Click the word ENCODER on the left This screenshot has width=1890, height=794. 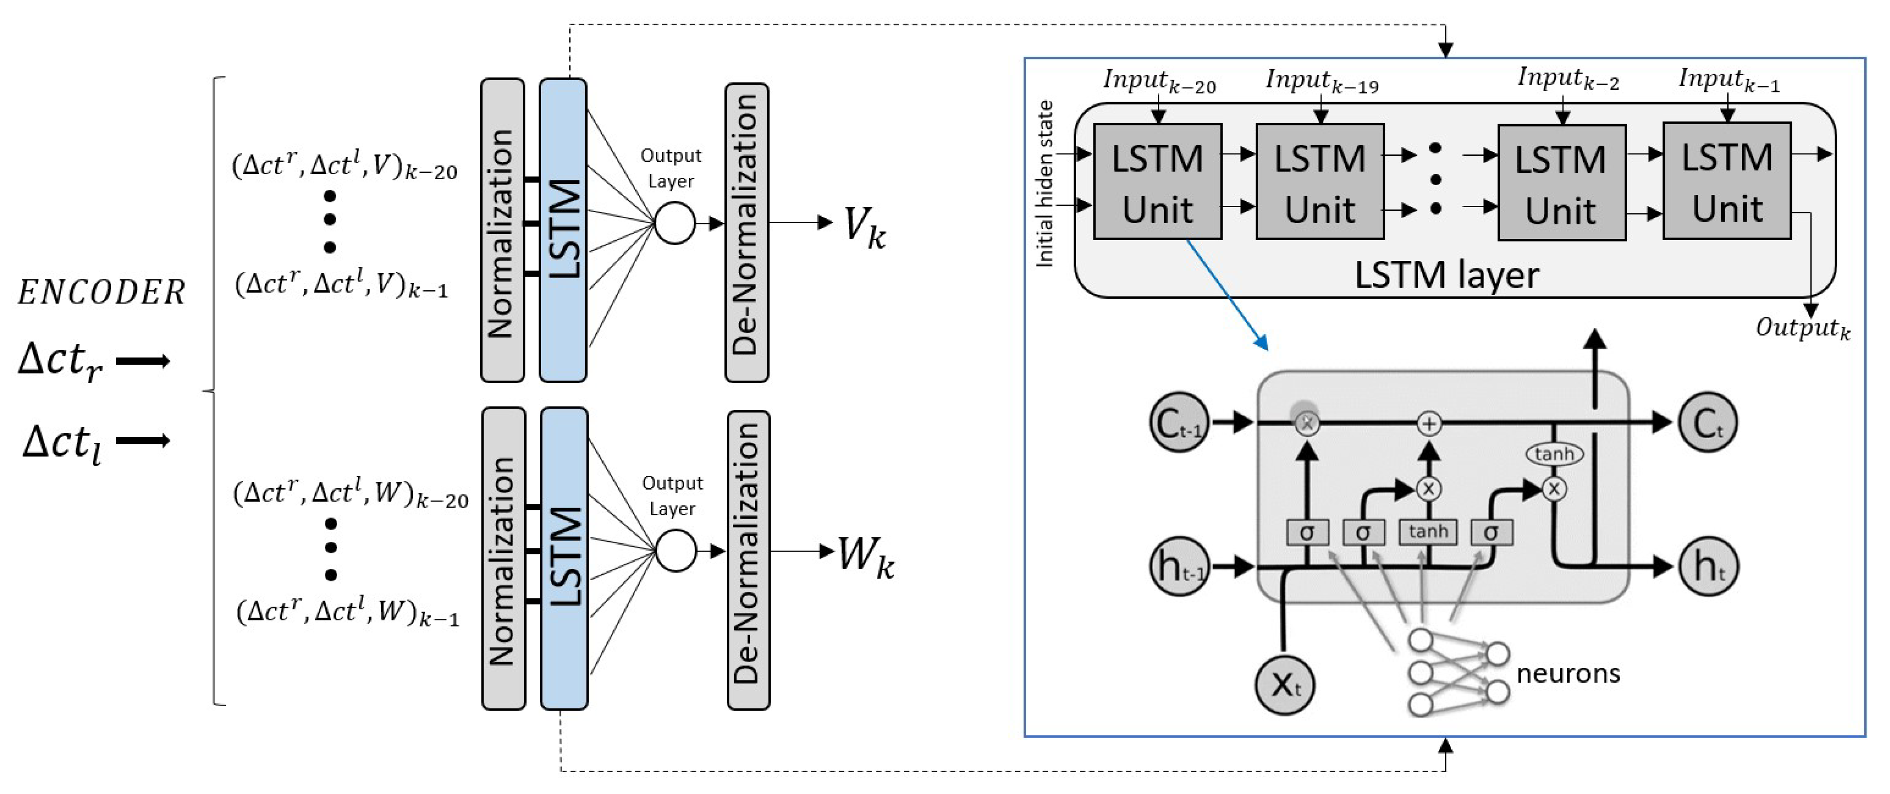101,293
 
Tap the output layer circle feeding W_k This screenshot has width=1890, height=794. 675,551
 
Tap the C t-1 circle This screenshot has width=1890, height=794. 1178,423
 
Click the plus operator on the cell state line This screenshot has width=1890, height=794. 1428,424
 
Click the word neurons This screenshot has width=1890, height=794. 1568,673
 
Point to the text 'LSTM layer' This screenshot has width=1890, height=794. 1446,276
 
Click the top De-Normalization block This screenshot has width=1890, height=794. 746,232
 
